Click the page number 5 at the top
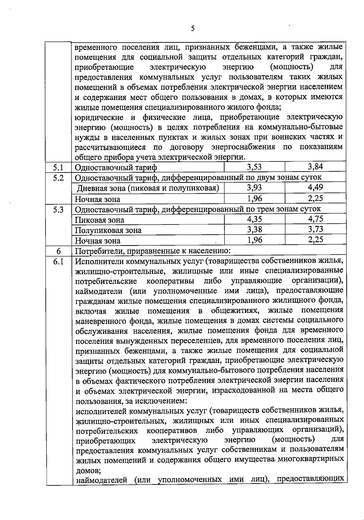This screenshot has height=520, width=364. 193,29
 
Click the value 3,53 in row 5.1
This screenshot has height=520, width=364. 254,167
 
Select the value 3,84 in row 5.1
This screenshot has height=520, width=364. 315,166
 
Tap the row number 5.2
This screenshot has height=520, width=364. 58,178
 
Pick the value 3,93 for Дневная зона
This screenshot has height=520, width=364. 254,188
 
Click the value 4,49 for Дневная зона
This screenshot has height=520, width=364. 315,187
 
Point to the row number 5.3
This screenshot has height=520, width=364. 58,209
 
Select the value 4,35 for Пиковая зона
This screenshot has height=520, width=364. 254,219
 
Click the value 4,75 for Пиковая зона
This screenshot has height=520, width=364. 315,219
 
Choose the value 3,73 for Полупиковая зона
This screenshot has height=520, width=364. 315,229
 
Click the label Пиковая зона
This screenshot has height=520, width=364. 99,220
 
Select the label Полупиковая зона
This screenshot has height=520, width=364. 108,230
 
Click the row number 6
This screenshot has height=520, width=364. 58,251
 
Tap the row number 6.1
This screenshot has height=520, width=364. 58,261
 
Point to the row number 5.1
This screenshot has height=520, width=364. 58,167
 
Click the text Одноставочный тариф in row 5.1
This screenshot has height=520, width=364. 116,167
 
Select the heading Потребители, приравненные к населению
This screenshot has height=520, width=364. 153,251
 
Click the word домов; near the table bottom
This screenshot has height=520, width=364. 88,471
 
